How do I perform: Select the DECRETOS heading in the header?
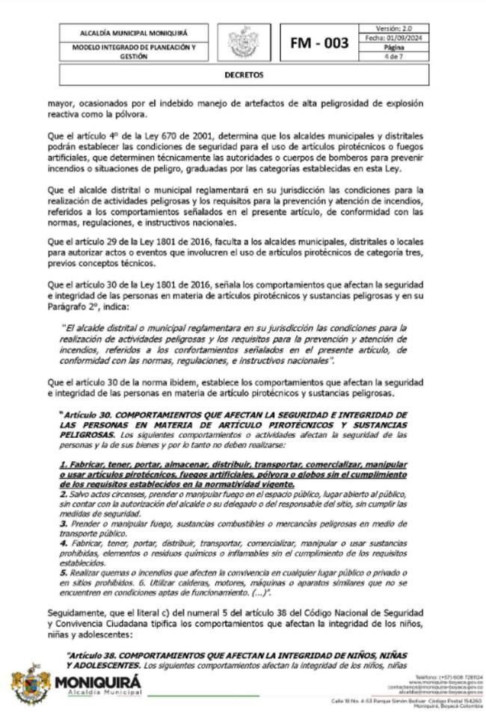(x=243, y=75)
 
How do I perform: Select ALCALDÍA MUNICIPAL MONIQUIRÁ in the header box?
(x=134, y=33)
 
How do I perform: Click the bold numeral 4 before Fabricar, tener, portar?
(x=63, y=545)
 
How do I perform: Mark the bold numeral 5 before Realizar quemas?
(x=63, y=572)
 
